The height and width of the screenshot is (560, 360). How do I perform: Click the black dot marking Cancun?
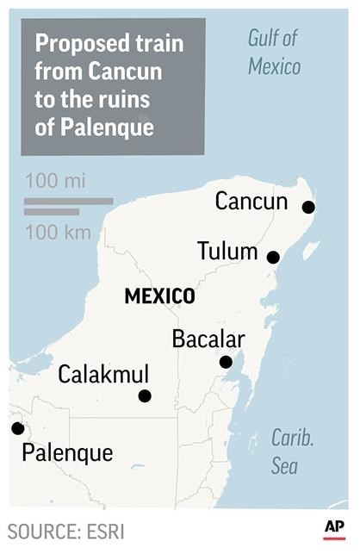pos(308,207)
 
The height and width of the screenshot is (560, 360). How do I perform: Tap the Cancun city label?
pos(251,202)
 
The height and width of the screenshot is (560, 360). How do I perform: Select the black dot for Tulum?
pos(273,257)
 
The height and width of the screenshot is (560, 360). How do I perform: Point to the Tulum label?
pos(227,252)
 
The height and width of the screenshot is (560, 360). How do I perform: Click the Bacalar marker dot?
pos(226,362)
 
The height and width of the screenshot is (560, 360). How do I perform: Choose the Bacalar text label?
pos(208,339)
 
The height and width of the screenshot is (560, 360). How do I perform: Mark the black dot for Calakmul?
pos(145,395)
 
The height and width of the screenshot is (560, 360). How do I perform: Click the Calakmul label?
pos(103,375)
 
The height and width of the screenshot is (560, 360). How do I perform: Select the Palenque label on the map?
pos(67,452)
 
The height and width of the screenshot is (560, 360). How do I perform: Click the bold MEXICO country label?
pos(159,296)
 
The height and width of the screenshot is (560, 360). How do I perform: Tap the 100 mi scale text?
pos(56,182)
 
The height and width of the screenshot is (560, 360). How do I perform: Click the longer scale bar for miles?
pos(68,202)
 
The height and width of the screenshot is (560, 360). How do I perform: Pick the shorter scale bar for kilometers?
pos(52,212)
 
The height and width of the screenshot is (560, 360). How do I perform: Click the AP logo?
pos(335,528)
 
